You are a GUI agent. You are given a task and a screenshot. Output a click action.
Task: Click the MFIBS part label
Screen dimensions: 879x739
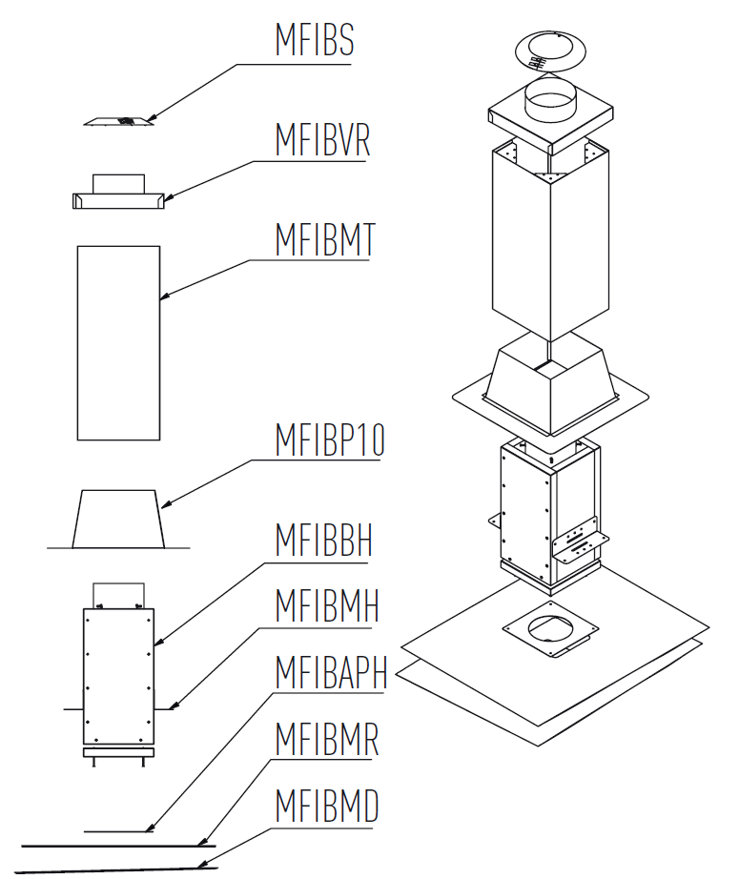tap(314, 41)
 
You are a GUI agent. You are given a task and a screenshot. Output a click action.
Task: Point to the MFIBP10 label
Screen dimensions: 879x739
tap(329, 441)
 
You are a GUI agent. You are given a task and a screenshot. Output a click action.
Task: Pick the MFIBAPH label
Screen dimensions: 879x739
tap(330, 672)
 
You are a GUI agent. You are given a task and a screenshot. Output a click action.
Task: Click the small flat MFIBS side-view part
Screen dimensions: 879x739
tap(118, 121)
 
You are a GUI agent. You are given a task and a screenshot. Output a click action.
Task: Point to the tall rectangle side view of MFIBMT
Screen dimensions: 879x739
tap(117, 342)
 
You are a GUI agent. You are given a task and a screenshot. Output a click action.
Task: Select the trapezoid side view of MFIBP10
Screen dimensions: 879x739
tap(118, 519)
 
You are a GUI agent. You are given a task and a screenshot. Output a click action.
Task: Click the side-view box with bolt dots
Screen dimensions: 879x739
tap(117, 677)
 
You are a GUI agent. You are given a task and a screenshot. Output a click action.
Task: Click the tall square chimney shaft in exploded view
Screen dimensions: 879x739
tap(550, 248)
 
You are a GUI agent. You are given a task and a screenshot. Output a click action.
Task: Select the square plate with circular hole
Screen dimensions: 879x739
tap(550, 632)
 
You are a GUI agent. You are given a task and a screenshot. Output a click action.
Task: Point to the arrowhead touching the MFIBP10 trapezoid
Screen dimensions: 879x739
tap(163, 505)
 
